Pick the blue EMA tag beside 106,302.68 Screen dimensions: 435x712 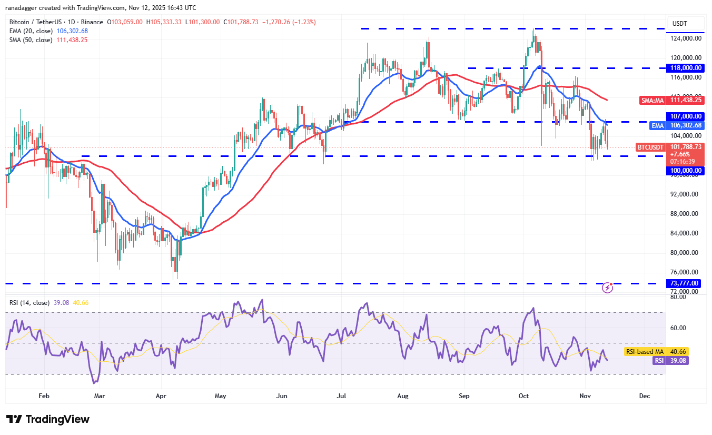coord(657,125)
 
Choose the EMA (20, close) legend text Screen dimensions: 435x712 coord(31,31)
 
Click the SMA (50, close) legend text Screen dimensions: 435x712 coord(31,40)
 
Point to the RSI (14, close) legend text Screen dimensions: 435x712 coord(29,303)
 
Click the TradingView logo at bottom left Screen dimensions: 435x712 coord(48,419)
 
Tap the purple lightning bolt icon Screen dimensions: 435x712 coord(608,288)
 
